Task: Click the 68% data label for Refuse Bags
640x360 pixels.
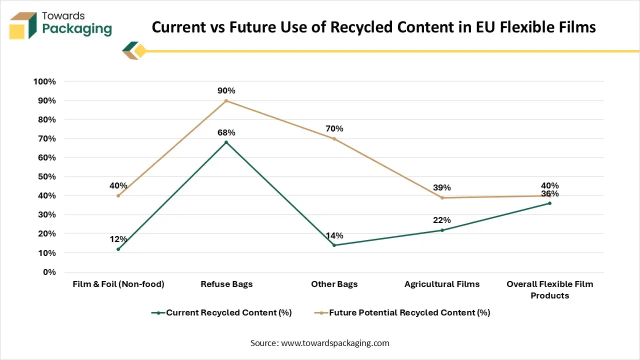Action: click(x=226, y=132)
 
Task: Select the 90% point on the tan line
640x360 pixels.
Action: click(x=226, y=100)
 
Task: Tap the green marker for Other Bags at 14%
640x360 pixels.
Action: click(x=334, y=245)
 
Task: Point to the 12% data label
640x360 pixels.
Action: click(x=118, y=239)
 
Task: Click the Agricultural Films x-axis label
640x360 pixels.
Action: click(x=442, y=284)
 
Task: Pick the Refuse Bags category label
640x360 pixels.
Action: click(x=226, y=284)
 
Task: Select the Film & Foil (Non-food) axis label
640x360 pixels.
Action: click(x=118, y=284)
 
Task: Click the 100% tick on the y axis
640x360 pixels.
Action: click(x=44, y=81)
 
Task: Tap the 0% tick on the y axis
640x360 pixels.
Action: click(x=48, y=272)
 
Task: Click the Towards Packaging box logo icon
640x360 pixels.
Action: click(x=23, y=25)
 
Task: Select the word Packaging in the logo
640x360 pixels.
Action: click(x=77, y=28)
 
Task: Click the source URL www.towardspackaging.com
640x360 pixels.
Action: click(x=335, y=343)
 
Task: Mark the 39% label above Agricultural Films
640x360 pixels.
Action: click(x=442, y=187)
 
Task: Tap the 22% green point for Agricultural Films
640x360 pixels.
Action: click(x=442, y=230)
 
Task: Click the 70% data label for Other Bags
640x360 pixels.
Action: click(x=334, y=128)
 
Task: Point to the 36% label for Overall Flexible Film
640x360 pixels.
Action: click(x=550, y=194)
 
